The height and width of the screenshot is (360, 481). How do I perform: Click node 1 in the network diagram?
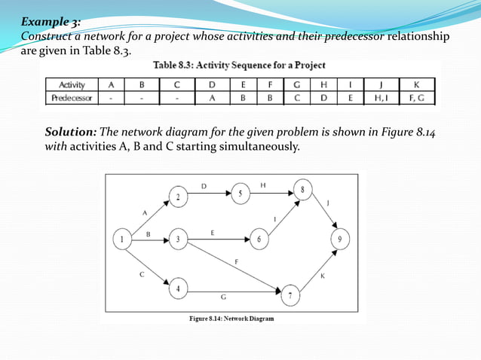click(x=122, y=240)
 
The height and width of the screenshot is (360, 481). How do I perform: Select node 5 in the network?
click(x=240, y=194)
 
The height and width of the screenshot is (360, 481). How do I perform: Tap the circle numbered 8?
click(x=303, y=191)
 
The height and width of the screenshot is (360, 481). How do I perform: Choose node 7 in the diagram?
click(x=290, y=295)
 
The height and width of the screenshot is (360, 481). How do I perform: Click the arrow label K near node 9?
click(x=323, y=276)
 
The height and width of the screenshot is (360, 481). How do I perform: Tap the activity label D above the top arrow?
click(x=204, y=185)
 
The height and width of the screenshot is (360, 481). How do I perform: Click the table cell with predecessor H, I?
click(x=378, y=97)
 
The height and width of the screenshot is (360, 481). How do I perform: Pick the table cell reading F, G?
click(x=416, y=97)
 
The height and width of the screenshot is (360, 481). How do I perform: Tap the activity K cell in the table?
click(x=416, y=85)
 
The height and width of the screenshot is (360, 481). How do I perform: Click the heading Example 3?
click(x=51, y=22)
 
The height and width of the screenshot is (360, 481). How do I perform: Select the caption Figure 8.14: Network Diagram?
click(x=231, y=319)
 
